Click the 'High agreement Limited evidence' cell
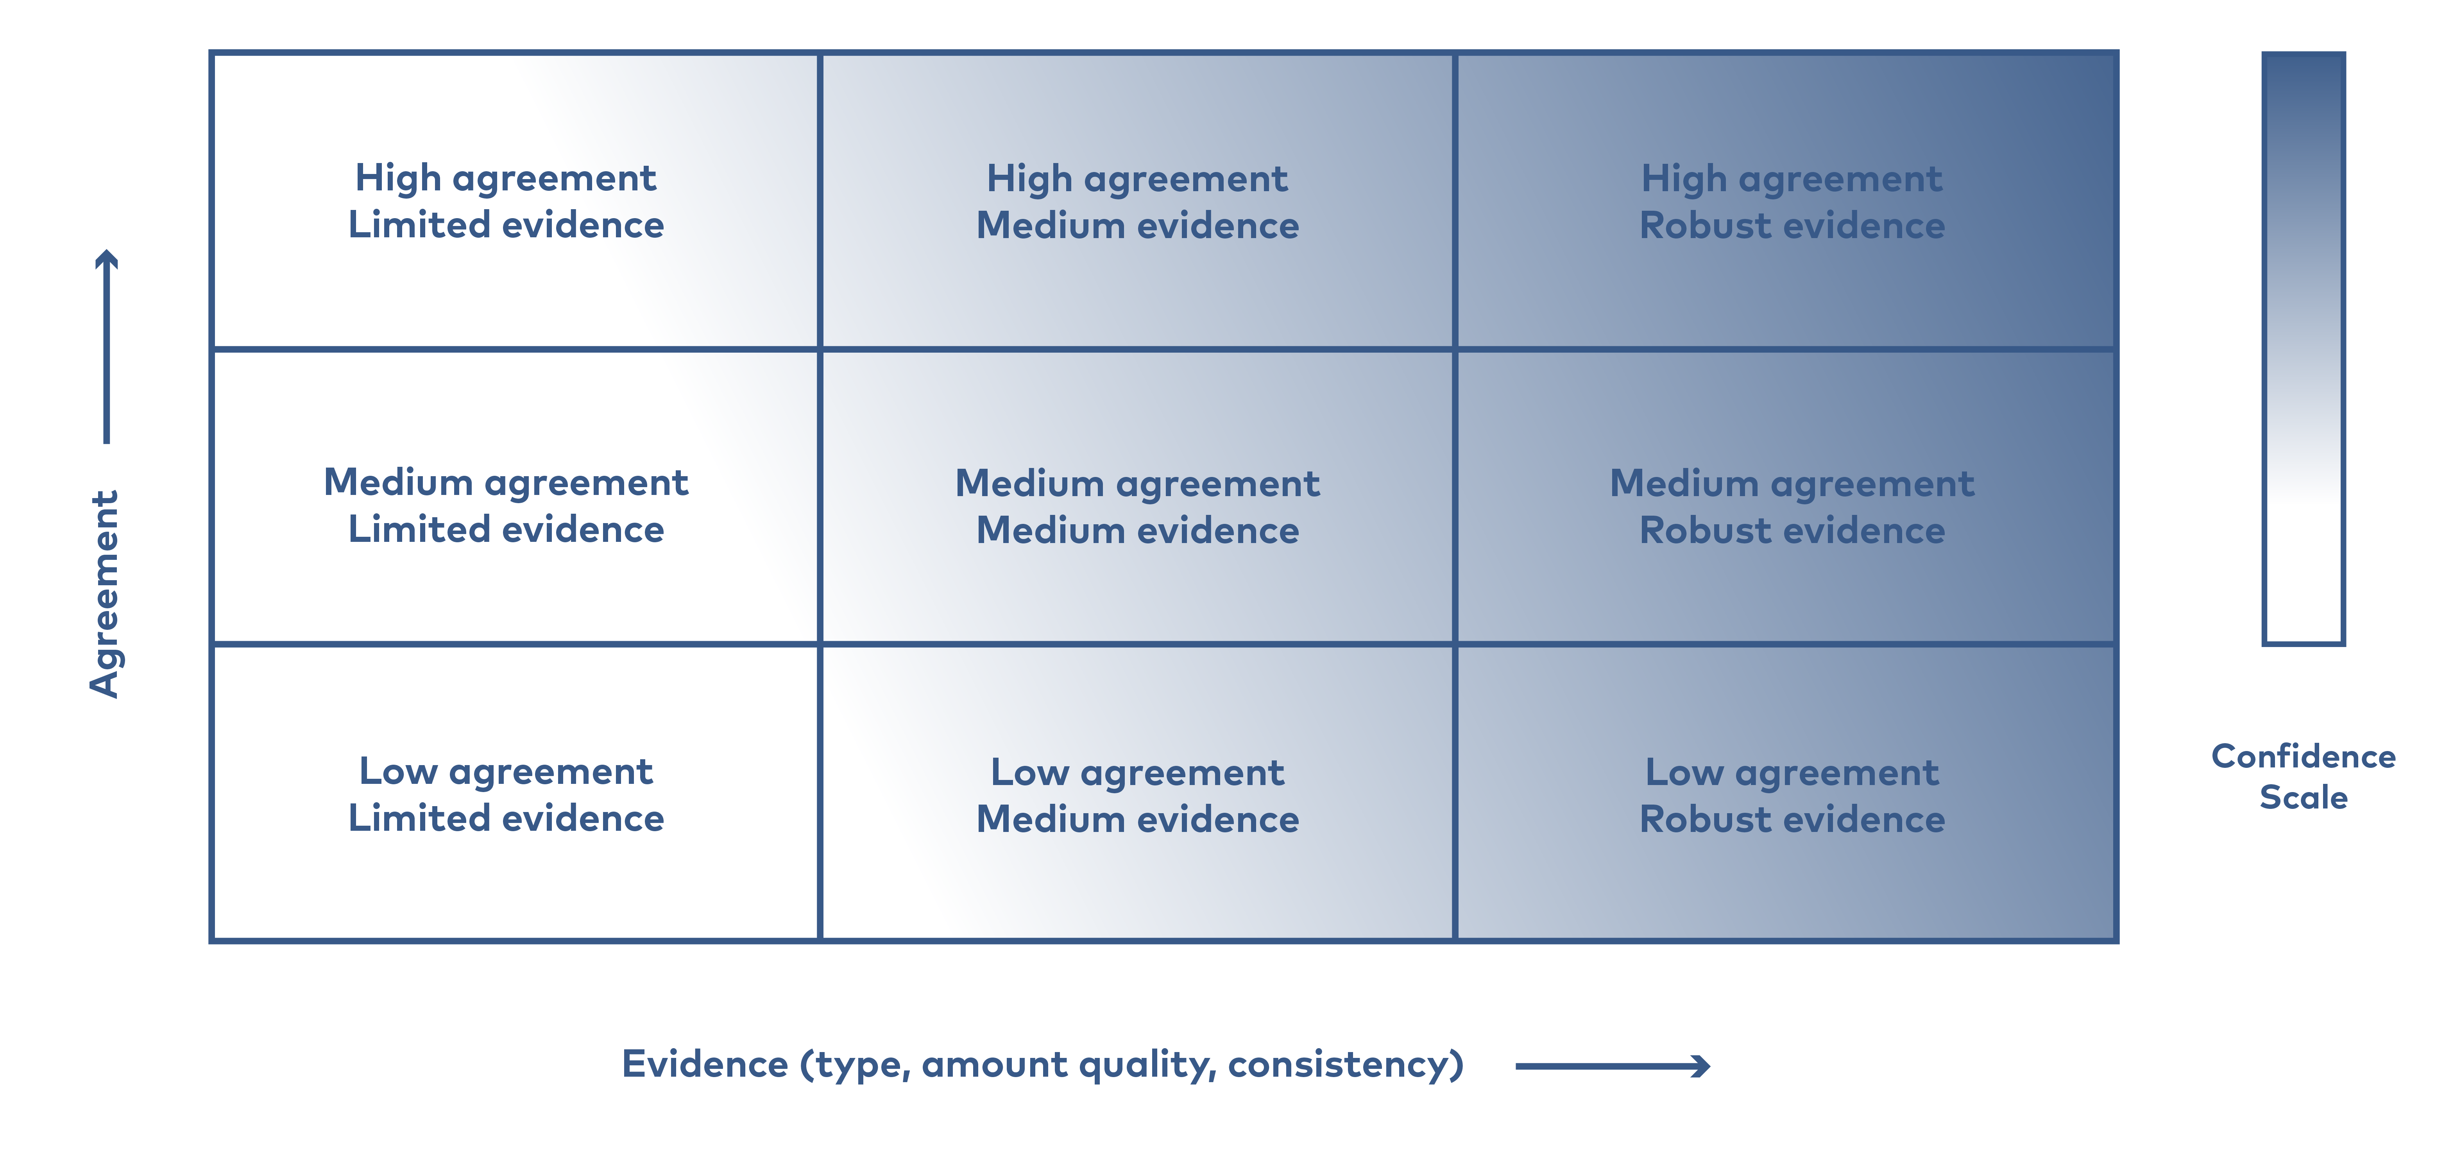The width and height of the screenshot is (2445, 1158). pos(515,200)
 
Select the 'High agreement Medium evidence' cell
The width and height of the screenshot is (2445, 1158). pos(1137,200)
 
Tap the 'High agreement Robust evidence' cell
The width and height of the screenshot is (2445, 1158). pos(1786,200)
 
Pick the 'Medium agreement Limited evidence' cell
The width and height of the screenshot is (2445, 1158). pos(515,497)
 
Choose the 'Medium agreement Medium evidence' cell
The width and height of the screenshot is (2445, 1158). pos(1137,497)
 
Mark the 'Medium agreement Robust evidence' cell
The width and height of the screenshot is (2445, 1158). pos(1786,497)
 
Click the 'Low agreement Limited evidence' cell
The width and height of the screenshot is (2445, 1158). pos(515,792)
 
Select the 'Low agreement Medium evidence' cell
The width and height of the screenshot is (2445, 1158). pos(1137,792)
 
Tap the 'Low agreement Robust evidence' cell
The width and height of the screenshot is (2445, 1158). pos(1786,792)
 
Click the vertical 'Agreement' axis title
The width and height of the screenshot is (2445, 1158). pos(104,594)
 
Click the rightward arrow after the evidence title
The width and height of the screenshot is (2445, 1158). pos(1613,1066)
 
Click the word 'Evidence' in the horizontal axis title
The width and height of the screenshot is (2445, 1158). pos(704,1064)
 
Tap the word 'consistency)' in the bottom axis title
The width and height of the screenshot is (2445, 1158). pos(1346,1065)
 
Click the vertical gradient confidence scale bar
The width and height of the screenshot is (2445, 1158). pos(2304,348)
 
